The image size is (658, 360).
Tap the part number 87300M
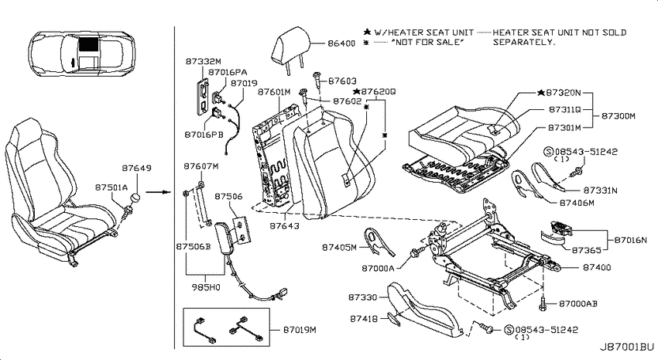pyautogui.click(x=619, y=116)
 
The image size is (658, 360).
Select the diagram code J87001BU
pyautogui.click(x=626, y=347)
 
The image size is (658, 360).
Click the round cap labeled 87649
pyautogui.click(x=135, y=197)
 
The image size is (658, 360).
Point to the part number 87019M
pyautogui.click(x=300, y=330)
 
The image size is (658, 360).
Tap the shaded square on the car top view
pyautogui.click(x=88, y=43)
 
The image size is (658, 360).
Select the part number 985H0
pyautogui.click(x=206, y=287)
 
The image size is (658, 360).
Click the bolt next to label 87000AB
pyautogui.click(x=543, y=303)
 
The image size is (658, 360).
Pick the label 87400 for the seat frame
pyautogui.click(x=597, y=267)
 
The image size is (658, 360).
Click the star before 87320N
pyautogui.click(x=541, y=92)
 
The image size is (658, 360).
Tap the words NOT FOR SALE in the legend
pyautogui.click(x=427, y=42)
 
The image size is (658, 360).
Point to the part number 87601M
pyautogui.click(x=274, y=91)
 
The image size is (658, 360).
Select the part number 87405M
pyautogui.click(x=339, y=247)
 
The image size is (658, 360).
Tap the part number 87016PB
pyautogui.click(x=204, y=135)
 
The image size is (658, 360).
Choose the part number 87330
pyautogui.click(x=362, y=297)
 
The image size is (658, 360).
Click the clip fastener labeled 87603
pyautogui.click(x=317, y=78)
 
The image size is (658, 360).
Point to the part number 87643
pyautogui.click(x=285, y=226)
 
